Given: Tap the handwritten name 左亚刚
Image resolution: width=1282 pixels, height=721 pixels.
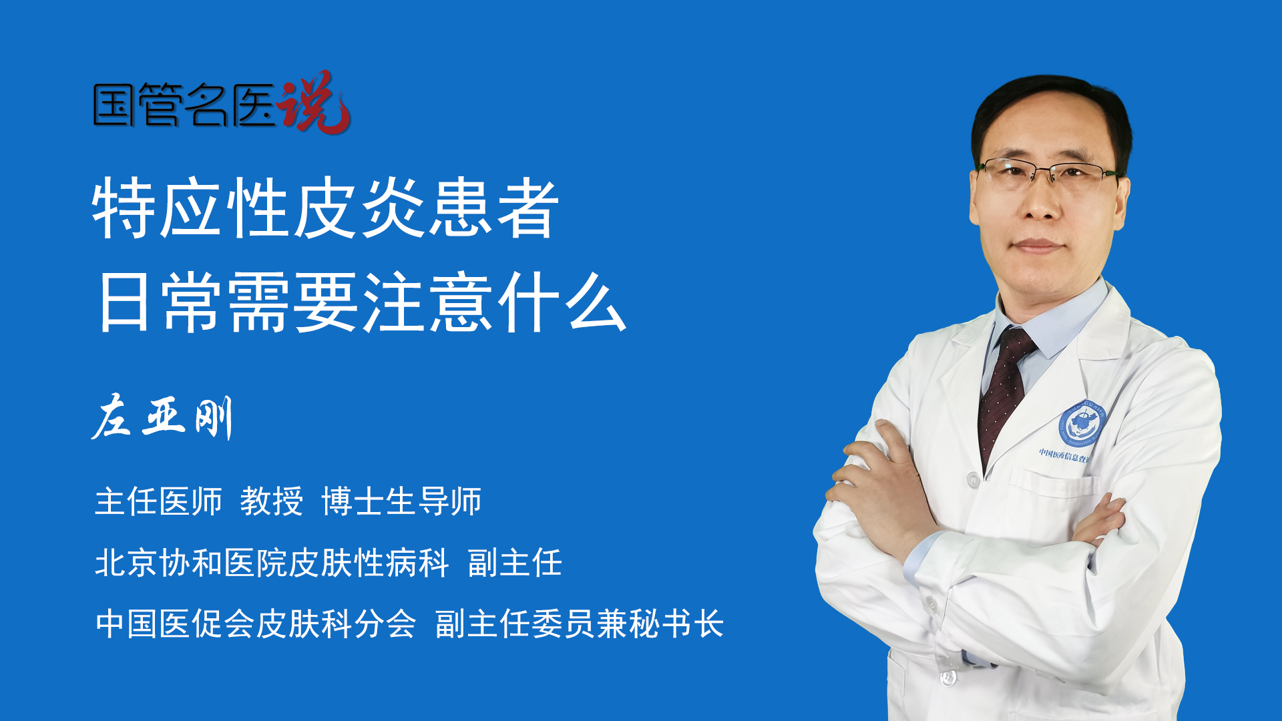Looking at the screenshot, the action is pos(162,417).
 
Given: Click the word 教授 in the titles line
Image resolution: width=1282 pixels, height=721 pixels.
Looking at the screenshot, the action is pos(271,501).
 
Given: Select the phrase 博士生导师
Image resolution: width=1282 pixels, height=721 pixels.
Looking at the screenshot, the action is pos(401,501).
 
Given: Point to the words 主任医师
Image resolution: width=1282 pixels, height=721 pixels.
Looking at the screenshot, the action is pos(158,501).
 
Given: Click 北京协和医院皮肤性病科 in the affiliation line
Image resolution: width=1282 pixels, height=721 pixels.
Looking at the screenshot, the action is pos(272,563).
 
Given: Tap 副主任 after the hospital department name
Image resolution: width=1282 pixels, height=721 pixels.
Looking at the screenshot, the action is pos(515,563).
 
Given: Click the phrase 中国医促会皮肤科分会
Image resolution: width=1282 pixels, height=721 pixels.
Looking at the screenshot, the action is pos(256,624).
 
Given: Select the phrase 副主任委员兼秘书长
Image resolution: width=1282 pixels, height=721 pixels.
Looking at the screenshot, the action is pos(580,624).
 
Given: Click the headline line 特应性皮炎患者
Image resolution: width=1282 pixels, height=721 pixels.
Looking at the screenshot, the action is pos(326,208).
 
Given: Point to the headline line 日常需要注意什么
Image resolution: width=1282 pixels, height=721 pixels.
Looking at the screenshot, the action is pos(361,302).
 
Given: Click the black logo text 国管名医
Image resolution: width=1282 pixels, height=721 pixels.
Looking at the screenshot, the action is pos(184,105).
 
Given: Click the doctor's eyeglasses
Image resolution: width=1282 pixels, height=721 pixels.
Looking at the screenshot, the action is pos(1048,173).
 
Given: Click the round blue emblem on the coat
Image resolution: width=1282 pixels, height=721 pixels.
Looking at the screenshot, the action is pos(1082,424).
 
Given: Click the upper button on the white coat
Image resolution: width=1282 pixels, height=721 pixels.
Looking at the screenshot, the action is pos(973,479).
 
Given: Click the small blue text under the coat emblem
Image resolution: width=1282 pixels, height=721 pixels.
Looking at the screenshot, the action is pos(1064,456).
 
